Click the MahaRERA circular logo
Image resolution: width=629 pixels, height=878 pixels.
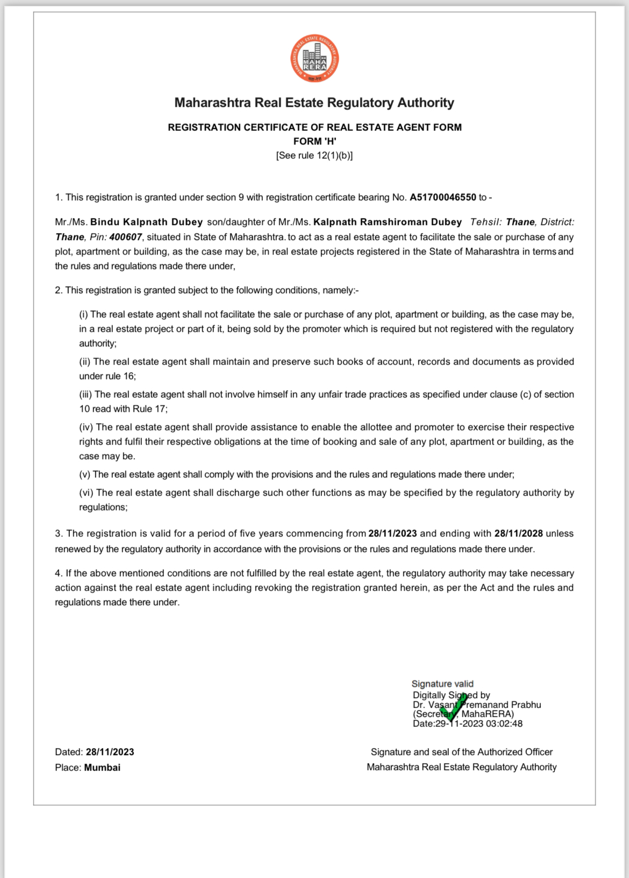pos(314,59)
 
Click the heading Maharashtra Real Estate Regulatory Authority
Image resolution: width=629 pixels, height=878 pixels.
pos(314,103)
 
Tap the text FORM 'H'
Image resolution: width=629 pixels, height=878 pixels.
pos(314,141)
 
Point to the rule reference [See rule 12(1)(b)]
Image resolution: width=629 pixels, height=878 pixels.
pos(314,155)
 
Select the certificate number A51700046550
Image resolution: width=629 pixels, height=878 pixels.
pos(442,197)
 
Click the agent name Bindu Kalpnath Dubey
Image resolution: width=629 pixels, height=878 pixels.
pos(146,222)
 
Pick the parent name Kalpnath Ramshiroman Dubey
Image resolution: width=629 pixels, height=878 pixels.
pos(387,222)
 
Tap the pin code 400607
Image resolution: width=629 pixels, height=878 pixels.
pos(125,237)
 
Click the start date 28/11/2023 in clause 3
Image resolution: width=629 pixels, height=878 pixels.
pos(392,533)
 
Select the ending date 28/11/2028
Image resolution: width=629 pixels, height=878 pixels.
pos(518,533)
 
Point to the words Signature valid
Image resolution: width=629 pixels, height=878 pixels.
pos(442,684)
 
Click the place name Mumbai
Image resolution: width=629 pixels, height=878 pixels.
pos(102,767)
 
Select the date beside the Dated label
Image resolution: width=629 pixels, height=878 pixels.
pos(110,752)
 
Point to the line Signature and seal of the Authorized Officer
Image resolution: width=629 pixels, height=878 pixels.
pos(461,752)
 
